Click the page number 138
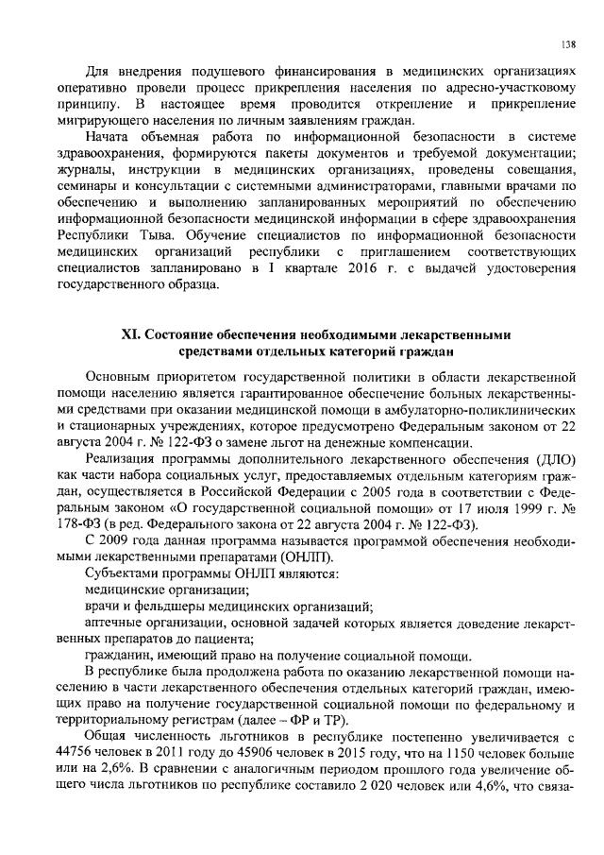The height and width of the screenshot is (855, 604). coord(567,43)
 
